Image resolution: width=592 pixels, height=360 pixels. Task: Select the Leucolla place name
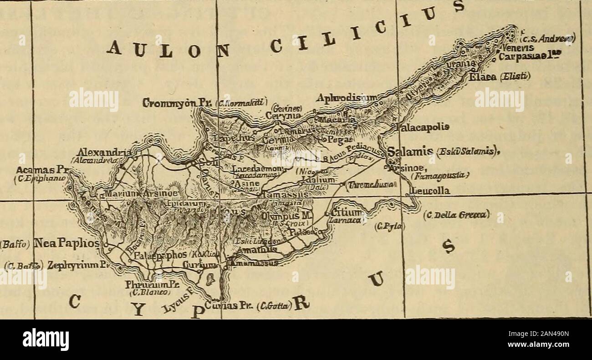(x=430, y=192)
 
